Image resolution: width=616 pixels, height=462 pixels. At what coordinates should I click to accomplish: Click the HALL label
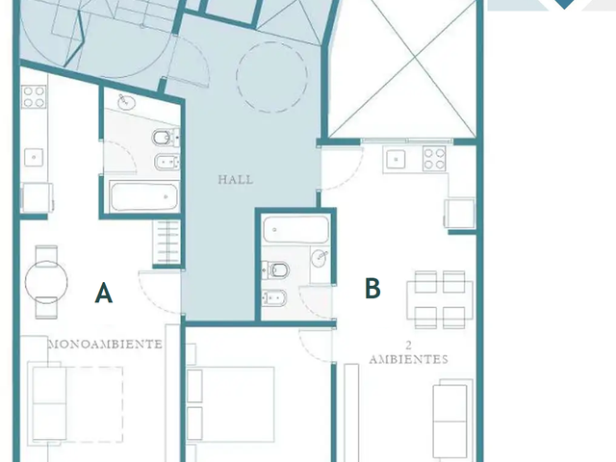[x=236, y=180]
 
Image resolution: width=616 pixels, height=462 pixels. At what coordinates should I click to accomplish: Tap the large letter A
[x=104, y=293]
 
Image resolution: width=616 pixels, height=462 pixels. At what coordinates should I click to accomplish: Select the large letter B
[x=372, y=288]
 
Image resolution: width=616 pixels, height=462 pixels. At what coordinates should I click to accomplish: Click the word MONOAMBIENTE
[x=105, y=345]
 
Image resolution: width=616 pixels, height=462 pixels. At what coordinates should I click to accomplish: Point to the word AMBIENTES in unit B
[x=408, y=359]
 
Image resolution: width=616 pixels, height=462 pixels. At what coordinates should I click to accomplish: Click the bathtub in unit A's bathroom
[x=143, y=196]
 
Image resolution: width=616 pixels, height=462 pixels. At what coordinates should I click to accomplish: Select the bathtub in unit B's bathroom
[x=295, y=229]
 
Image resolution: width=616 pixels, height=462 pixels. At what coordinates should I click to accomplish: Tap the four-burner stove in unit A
[x=34, y=96]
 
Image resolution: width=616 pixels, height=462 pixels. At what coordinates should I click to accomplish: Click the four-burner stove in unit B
[x=434, y=158]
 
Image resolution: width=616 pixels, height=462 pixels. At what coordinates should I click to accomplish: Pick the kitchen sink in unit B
[x=396, y=160]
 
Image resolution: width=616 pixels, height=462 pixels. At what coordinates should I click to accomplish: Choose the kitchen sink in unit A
[x=34, y=157]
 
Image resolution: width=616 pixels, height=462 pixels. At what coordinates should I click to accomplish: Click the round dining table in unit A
[x=46, y=282]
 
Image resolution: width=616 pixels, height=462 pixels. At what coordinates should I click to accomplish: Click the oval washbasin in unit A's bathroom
[x=126, y=102]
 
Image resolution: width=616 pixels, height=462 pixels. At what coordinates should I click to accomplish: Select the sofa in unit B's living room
[x=452, y=420]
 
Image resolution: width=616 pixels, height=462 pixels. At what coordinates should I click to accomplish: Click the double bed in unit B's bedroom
[x=230, y=404]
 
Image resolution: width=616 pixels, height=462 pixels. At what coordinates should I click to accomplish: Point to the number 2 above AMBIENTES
[x=408, y=346]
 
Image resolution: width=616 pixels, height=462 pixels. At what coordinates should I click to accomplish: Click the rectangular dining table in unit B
[x=440, y=299]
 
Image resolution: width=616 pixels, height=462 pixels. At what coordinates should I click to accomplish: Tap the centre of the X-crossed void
[x=416, y=58]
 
